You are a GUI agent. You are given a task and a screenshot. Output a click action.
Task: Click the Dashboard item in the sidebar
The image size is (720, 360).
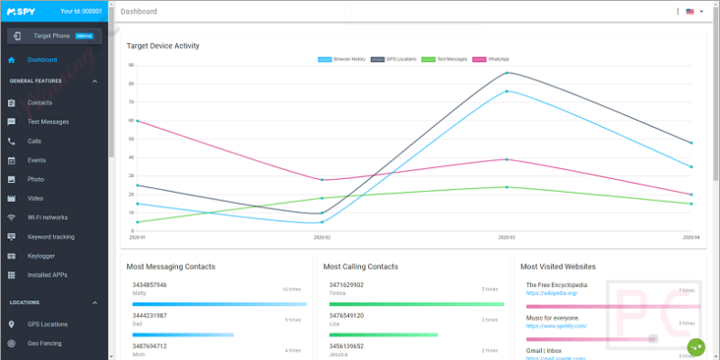pos(42,60)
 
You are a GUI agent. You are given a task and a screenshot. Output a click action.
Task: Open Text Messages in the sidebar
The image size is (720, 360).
pos(48,122)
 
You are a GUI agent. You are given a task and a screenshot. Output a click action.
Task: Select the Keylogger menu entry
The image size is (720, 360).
pos(42,256)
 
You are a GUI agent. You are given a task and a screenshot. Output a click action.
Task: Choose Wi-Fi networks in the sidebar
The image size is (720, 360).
pos(48,217)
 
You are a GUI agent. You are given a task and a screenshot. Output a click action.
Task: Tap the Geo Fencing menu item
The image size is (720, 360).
pos(45,344)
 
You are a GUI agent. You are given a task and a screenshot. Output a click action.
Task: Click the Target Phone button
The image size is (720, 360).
pos(55,36)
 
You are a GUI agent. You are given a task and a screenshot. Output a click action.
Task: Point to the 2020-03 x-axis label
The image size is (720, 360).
pos(507,237)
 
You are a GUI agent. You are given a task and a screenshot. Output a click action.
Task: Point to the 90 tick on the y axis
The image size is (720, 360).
pos(132,65)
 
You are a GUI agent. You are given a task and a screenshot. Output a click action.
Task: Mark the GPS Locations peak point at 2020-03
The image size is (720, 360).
pos(507,73)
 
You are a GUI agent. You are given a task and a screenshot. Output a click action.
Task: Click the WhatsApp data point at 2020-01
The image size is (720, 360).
pos(135,121)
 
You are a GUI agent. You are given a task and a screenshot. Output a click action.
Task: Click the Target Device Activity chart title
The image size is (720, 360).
pos(163,46)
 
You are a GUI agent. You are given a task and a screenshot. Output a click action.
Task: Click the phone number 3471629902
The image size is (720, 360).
pos(347,284)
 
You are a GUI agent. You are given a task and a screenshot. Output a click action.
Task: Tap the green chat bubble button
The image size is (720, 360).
pos(697,347)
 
